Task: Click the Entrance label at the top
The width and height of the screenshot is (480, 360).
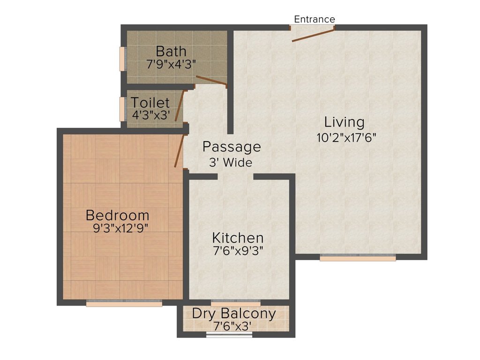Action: coord(315,19)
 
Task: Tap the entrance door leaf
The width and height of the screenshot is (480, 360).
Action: coord(313,35)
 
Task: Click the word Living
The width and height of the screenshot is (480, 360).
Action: coord(345,122)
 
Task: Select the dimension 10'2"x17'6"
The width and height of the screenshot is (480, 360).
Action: coord(346,137)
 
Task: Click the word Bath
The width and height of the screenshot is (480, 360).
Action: coord(171,51)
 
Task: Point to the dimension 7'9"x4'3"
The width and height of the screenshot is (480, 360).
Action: coord(171,64)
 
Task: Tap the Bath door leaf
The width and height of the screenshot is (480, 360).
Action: coord(211,80)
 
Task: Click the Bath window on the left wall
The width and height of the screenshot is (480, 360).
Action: coord(123,59)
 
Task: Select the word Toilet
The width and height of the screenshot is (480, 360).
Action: coord(150,103)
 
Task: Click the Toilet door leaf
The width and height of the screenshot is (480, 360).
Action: coord(180,105)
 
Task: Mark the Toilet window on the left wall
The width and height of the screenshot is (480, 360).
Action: coord(123,109)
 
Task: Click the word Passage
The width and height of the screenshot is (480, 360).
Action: coord(232,147)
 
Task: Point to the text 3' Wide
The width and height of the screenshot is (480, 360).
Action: coord(231,162)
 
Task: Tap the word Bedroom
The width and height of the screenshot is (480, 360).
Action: coord(118,215)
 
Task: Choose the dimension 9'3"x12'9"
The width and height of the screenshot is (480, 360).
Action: coord(120,228)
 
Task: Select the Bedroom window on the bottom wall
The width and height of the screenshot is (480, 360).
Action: coord(124,303)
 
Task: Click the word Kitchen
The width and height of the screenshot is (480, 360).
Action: coord(238,238)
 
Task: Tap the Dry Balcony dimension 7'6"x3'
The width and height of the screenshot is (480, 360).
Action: coord(232,326)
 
